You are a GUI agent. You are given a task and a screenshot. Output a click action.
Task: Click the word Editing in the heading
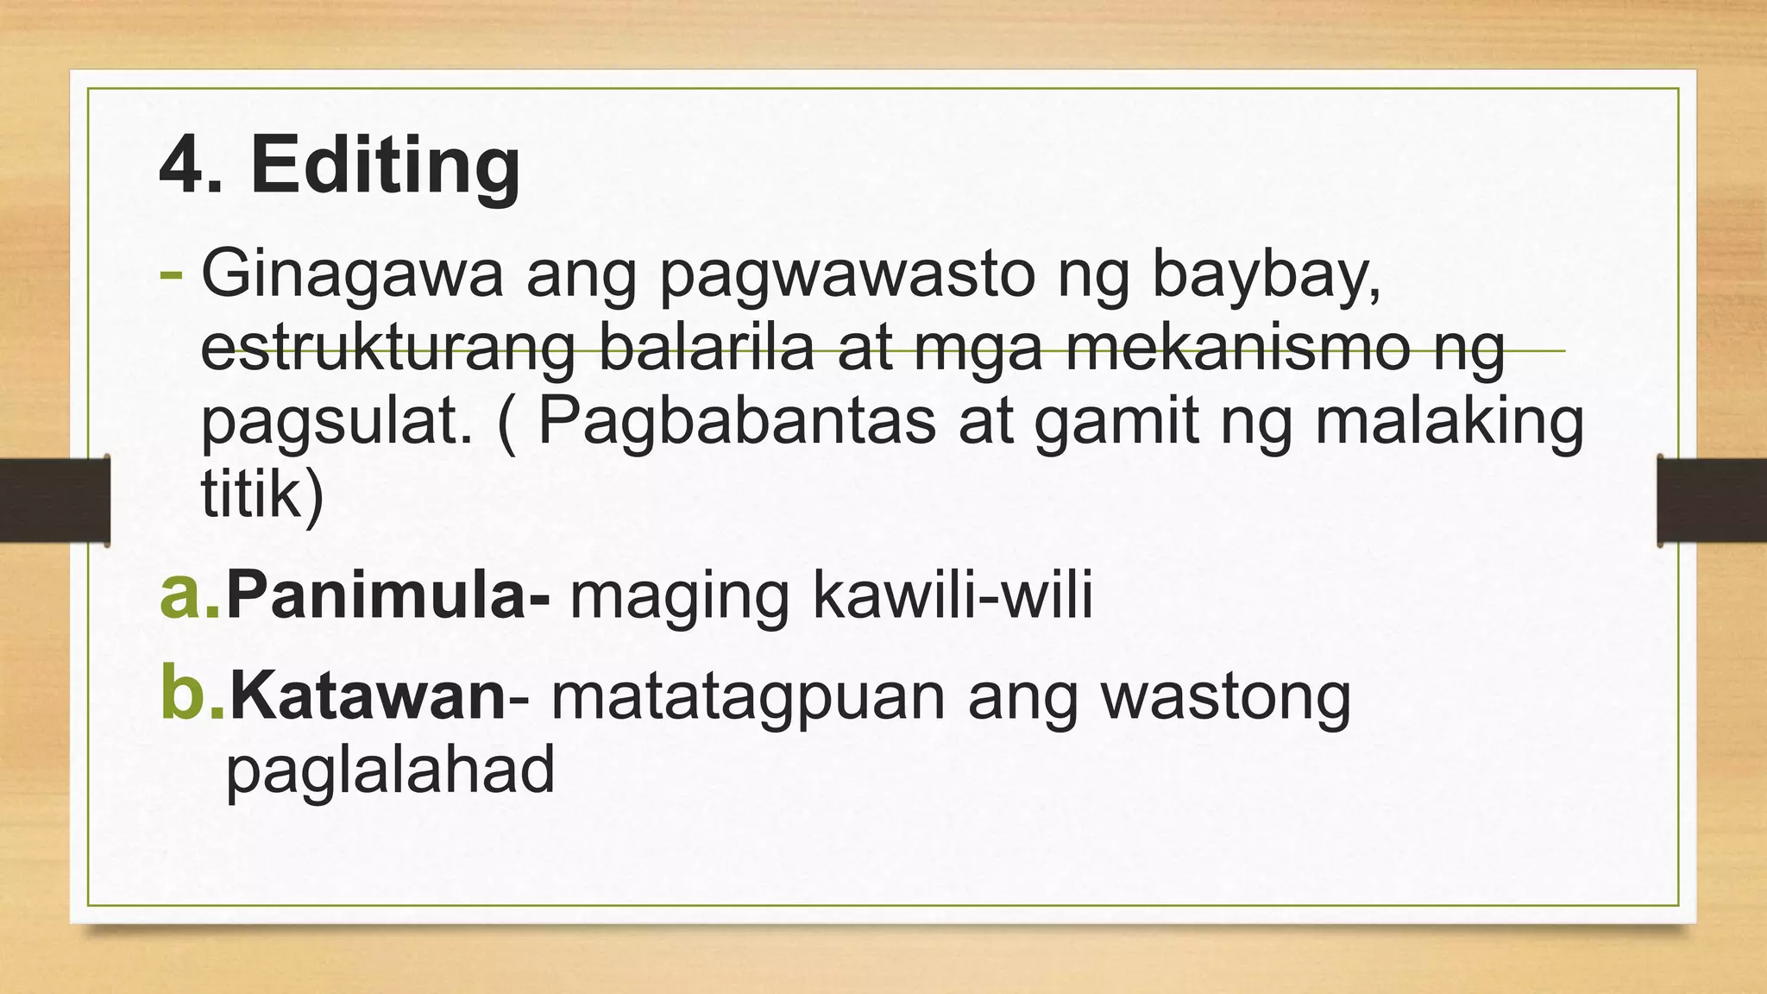click(x=385, y=166)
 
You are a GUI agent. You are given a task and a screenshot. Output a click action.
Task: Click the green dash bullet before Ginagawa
click(x=171, y=275)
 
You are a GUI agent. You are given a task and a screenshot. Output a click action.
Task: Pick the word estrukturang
click(x=387, y=349)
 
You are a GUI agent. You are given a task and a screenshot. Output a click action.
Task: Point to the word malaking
click(x=1449, y=423)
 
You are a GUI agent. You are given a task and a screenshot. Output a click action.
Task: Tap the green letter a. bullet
click(x=190, y=595)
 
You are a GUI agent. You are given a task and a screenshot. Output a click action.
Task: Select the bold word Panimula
click(x=376, y=595)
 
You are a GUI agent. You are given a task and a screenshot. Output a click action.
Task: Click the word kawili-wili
click(x=953, y=595)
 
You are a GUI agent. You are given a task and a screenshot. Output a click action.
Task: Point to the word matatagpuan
click(x=748, y=697)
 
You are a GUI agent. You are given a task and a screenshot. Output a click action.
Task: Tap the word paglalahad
click(x=390, y=770)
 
